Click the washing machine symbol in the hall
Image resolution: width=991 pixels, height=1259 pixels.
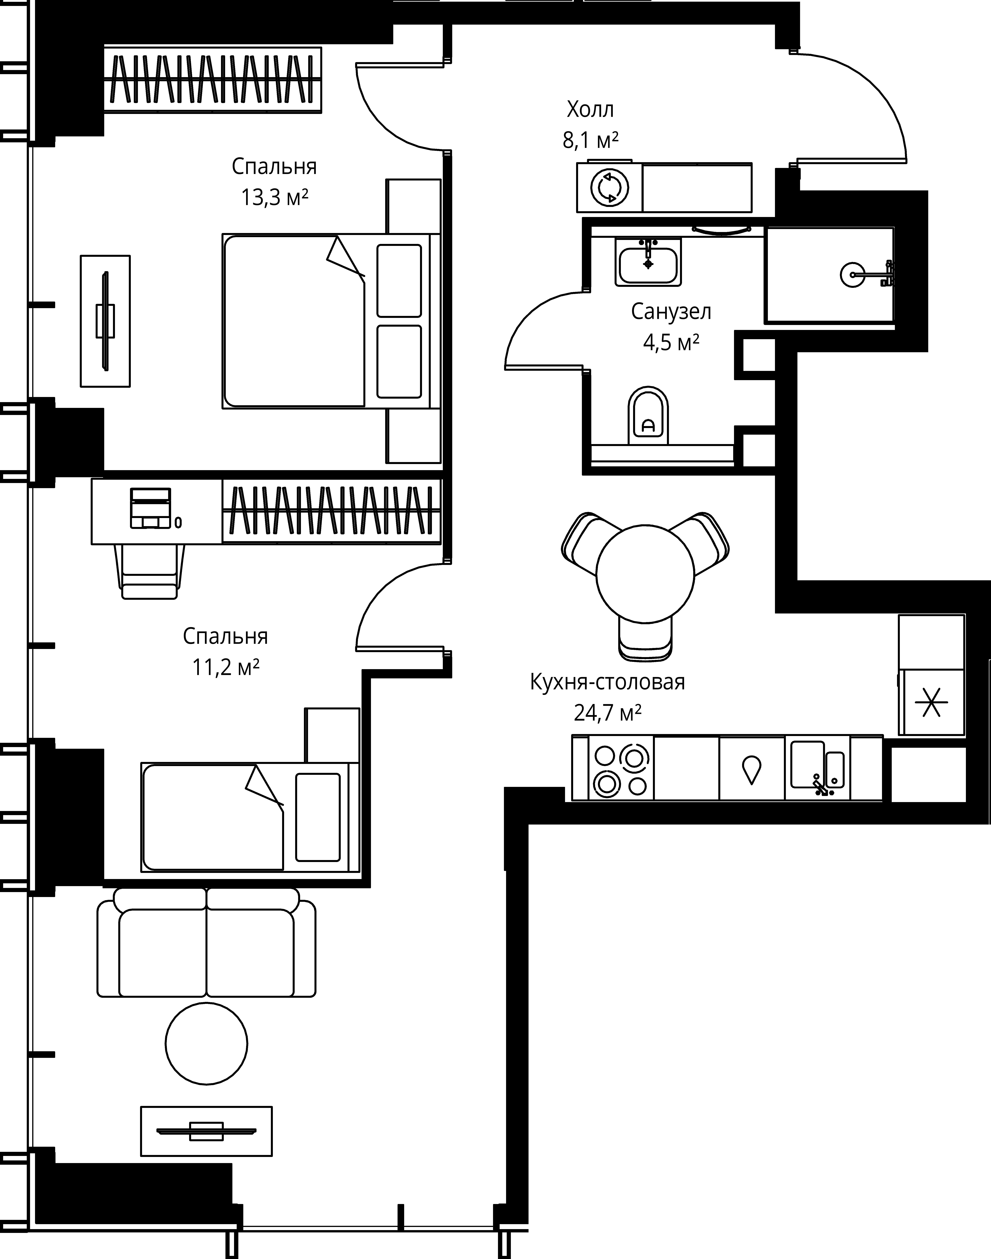point(609,187)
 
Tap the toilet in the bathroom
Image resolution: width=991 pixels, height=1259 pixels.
point(648,415)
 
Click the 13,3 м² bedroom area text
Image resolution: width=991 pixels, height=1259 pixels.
point(274,198)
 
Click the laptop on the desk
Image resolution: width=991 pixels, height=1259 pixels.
point(151,508)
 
